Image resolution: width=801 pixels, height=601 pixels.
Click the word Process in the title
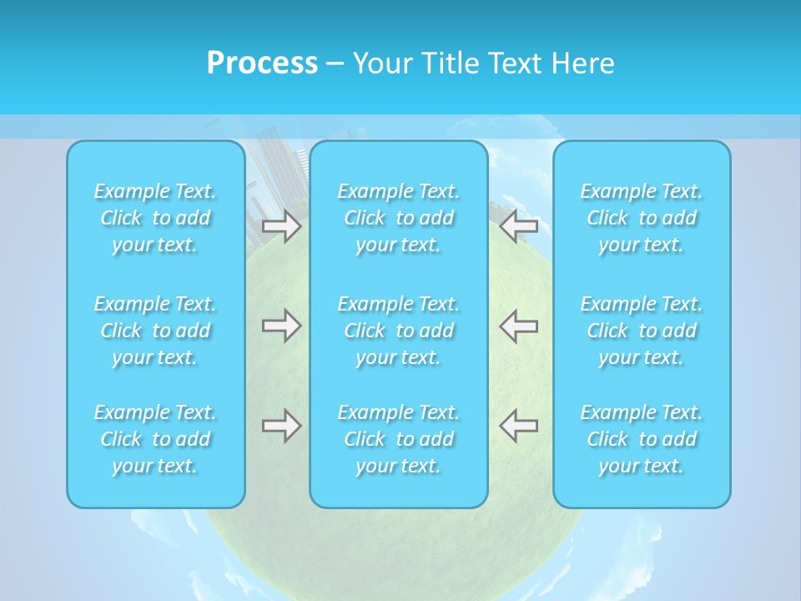(x=262, y=63)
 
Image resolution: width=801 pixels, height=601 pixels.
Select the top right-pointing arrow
(x=281, y=225)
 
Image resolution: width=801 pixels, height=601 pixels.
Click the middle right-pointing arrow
(x=281, y=325)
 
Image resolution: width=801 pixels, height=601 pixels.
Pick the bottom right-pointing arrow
(x=281, y=426)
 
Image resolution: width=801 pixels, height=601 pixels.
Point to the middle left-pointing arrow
(x=519, y=325)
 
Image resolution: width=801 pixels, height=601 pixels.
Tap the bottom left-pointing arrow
(x=519, y=426)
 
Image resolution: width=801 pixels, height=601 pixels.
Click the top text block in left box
(x=155, y=218)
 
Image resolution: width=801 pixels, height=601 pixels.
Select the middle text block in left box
(x=155, y=331)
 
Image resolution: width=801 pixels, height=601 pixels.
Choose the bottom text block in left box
(x=155, y=439)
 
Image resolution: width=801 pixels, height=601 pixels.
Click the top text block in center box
(x=399, y=218)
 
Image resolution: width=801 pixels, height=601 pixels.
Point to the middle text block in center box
(x=399, y=331)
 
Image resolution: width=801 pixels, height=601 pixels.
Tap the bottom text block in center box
(x=399, y=439)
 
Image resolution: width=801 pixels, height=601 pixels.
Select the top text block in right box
(x=642, y=218)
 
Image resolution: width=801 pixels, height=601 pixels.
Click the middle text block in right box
(x=642, y=331)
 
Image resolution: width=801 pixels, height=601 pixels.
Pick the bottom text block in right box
(x=642, y=439)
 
